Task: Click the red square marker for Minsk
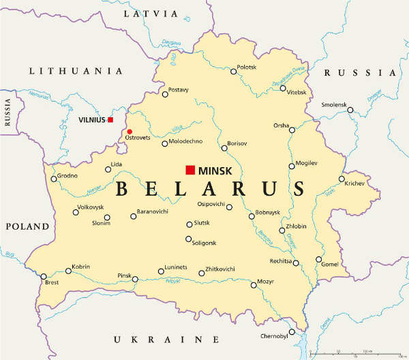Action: (x=190, y=170)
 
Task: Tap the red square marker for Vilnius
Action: (x=110, y=119)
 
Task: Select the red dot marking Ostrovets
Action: (x=130, y=132)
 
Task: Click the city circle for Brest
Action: (x=44, y=276)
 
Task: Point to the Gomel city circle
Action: (x=318, y=259)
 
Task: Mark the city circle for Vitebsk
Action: (x=283, y=88)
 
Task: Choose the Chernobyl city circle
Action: (x=292, y=332)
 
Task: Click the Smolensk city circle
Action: (x=350, y=110)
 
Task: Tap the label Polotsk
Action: (x=247, y=67)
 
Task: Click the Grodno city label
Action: (x=67, y=175)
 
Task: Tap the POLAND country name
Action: (x=27, y=226)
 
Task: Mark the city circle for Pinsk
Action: (x=135, y=279)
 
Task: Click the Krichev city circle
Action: (x=342, y=179)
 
